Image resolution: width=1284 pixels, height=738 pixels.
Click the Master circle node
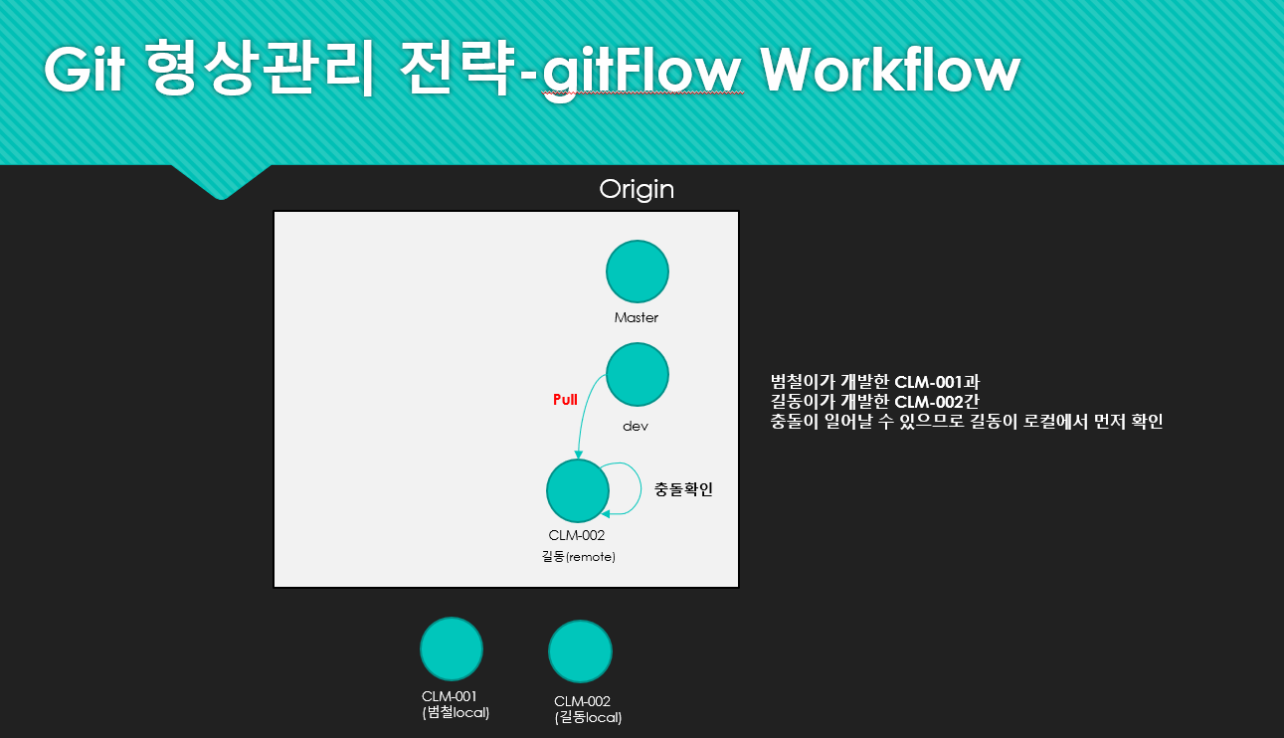click(638, 272)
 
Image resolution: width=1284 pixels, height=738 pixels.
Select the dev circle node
click(638, 374)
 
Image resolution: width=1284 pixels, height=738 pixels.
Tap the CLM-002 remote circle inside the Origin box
click(578, 491)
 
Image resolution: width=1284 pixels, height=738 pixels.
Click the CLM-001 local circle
click(452, 648)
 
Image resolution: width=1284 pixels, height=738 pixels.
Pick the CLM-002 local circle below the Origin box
click(580, 651)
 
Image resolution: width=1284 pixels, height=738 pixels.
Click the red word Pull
click(565, 400)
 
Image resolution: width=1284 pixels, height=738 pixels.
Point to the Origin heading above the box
click(637, 190)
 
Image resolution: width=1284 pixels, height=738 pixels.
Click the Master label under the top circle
click(637, 317)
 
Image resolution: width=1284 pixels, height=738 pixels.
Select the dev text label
click(636, 426)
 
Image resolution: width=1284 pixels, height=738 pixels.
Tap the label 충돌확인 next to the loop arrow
click(683, 489)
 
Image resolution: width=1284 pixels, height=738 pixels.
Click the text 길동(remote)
click(579, 556)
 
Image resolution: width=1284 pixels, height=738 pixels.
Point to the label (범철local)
click(456, 712)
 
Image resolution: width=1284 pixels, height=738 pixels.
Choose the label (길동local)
click(588, 717)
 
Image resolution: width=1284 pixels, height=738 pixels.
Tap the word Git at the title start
click(85, 69)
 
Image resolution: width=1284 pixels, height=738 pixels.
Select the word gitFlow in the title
click(642, 74)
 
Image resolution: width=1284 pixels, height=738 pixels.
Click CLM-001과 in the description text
click(937, 382)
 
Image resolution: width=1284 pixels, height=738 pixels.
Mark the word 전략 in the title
click(457, 69)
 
